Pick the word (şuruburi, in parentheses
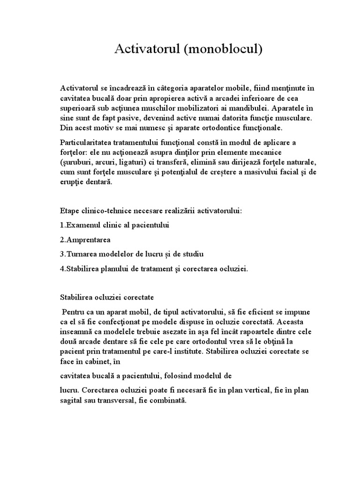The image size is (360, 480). [75, 162]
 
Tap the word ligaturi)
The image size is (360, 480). [127, 162]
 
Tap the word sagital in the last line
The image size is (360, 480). [71, 401]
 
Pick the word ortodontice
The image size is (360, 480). [183, 127]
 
